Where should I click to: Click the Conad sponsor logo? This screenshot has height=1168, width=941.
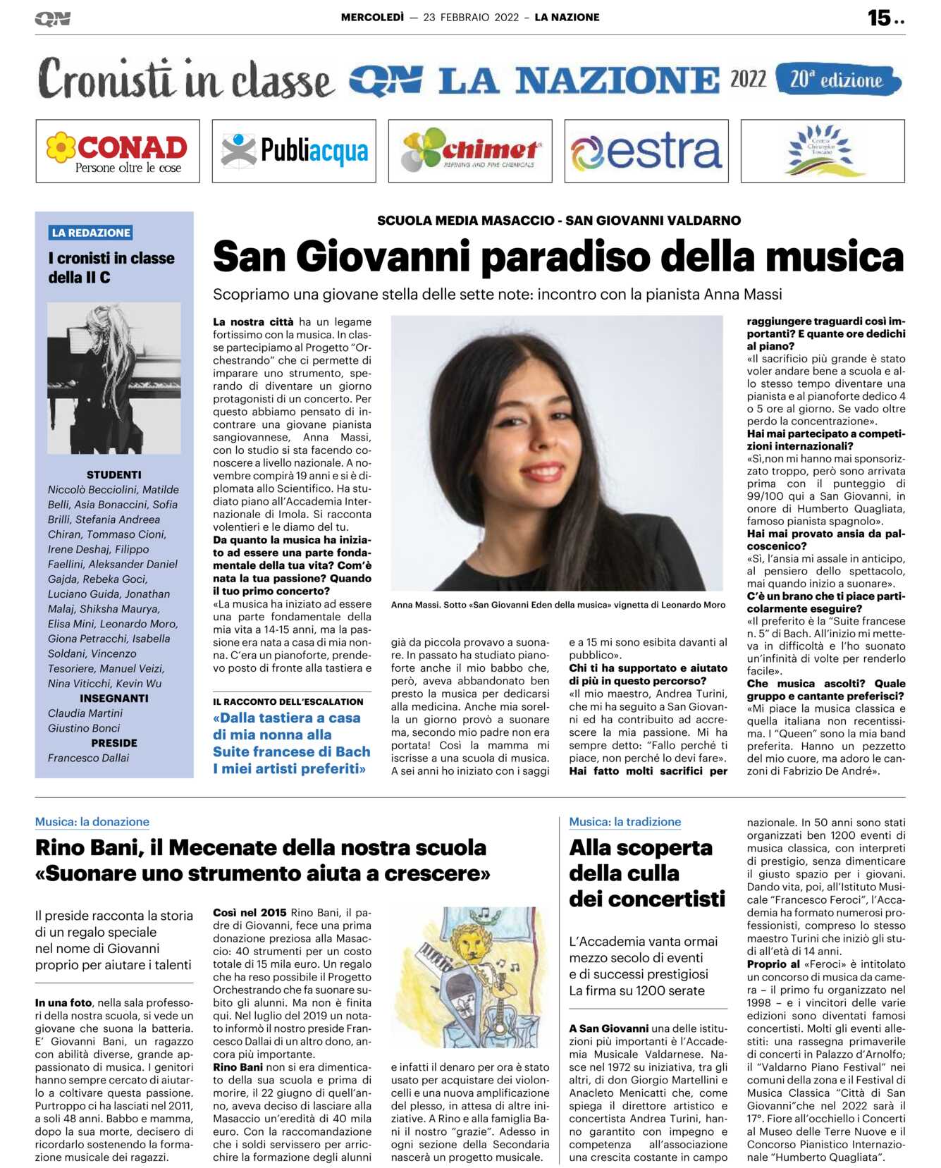[x=118, y=152]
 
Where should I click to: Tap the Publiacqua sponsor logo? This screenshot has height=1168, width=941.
[x=294, y=152]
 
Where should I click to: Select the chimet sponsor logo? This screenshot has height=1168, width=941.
[x=470, y=152]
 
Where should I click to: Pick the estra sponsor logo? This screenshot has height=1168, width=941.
[x=646, y=152]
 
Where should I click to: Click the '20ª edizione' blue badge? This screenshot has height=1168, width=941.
[x=837, y=80]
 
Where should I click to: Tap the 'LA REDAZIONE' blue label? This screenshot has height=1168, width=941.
[x=91, y=233]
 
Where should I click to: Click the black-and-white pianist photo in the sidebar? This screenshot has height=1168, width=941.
[x=113, y=378]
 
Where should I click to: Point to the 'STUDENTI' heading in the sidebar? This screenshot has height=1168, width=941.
[x=113, y=475]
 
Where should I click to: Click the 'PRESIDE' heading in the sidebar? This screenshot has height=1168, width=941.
[x=113, y=743]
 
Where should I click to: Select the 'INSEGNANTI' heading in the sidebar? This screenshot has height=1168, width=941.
[x=113, y=699]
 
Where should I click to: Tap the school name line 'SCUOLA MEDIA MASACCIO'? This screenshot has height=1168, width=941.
[x=466, y=221]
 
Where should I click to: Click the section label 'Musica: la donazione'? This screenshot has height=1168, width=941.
[x=92, y=822]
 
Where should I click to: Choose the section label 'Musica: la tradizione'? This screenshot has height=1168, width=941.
[x=625, y=822]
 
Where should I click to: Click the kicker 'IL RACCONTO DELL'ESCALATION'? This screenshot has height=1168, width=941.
[x=288, y=702]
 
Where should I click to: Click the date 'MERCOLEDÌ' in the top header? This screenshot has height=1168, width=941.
[x=372, y=18]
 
